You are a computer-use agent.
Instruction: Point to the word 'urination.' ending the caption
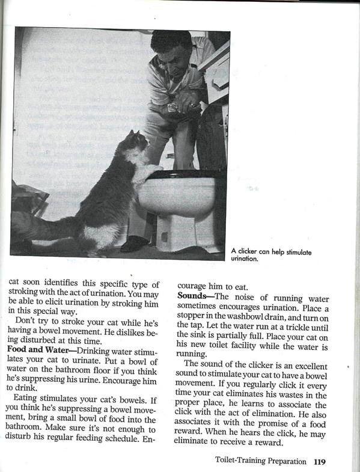point(245,259)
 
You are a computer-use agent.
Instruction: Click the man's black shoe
point(133,243)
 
